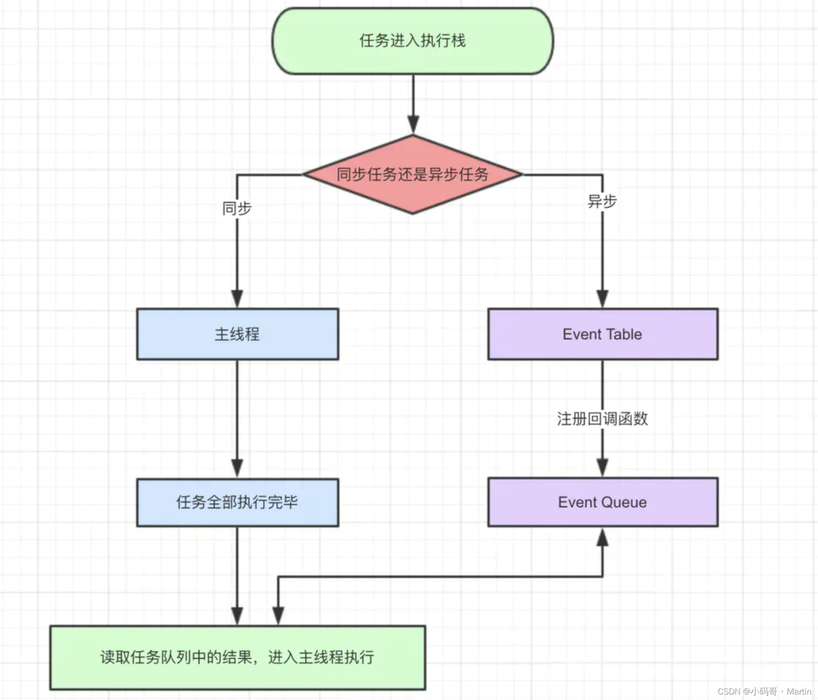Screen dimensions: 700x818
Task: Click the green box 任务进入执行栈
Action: (x=413, y=41)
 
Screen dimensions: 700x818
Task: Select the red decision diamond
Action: (x=413, y=175)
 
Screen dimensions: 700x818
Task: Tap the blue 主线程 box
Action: (x=237, y=334)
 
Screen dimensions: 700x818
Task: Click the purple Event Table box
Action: (x=603, y=334)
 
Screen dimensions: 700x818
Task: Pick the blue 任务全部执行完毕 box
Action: (x=237, y=502)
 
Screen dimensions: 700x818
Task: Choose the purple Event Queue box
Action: (x=603, y=502)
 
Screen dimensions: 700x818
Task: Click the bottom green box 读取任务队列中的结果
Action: (x=237, y=657)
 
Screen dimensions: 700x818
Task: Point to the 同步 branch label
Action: (x=237, y=209)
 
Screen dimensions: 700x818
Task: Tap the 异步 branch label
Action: (x=602, y=201)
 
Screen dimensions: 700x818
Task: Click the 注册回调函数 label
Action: (x=602, y=418)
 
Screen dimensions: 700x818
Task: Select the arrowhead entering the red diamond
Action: (x=413, y=125)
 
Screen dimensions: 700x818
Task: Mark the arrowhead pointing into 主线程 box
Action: (x=237, y=299)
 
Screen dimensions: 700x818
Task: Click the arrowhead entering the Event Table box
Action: (x=603, y=299)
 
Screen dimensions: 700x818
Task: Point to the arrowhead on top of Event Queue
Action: (x=603, y=467)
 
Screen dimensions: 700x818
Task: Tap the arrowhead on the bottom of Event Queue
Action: (x=603, y=538)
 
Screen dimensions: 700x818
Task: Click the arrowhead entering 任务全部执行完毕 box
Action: (x=237, y=468)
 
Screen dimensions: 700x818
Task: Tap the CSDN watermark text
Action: (x=729, y=691)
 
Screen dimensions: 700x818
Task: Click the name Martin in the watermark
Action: (x=799, y=691)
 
